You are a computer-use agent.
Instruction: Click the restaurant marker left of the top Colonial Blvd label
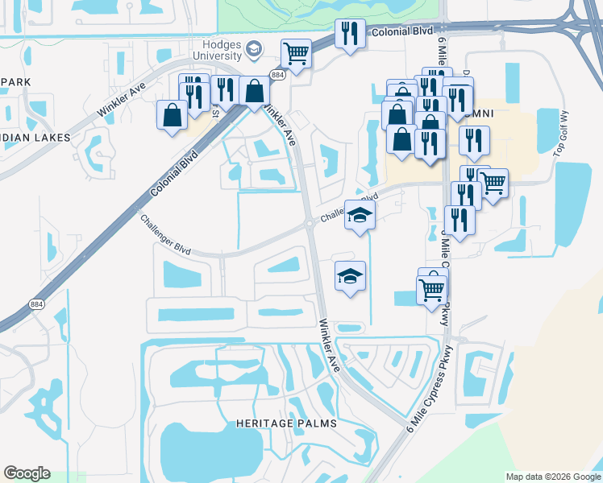coord(349,34)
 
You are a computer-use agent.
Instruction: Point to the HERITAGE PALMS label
coord(286,423)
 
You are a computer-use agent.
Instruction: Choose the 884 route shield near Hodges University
coord(277,75)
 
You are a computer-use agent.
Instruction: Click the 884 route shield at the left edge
coord(37,304)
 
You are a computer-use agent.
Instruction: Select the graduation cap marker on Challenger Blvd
coord(360,216)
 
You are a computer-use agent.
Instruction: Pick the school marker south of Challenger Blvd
coord(350,276)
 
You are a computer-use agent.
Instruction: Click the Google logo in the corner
coord(27,473)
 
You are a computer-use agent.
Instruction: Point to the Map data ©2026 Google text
coord(553,477)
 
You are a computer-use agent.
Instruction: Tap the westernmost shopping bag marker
coord(172,114)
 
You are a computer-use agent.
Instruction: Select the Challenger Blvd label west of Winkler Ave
coord(165,235)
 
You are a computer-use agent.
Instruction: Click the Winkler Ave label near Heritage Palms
coord(331,345)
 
